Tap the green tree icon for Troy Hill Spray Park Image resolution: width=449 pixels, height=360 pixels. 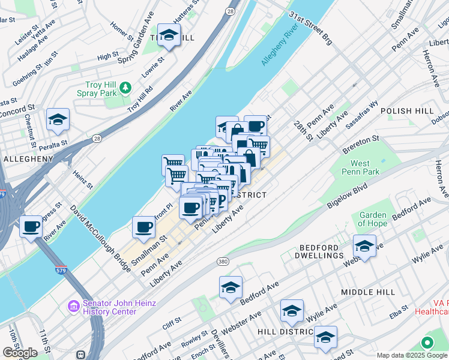[125, 88]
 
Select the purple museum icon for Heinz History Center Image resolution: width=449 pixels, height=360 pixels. [74, 307]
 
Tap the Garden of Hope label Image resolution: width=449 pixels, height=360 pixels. [373, 220]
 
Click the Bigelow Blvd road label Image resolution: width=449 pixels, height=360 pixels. [348, 196]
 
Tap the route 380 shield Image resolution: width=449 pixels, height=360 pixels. [223, 262]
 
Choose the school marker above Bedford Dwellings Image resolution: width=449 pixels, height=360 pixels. [364, 245]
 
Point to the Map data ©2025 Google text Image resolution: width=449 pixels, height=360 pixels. [412, 355]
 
